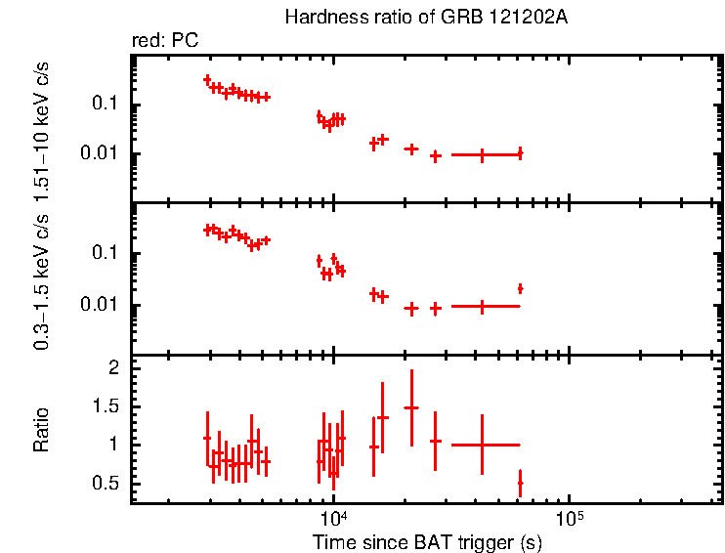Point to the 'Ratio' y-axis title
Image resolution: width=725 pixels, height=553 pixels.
click(42, 429)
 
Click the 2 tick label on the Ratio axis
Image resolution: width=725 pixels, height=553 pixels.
click(113, 368)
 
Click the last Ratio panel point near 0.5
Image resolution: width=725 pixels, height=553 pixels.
click(520, 483)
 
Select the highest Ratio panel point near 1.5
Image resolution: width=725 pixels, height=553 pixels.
click(411, 407)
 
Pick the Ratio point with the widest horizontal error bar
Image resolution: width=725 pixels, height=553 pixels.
click(482, 445)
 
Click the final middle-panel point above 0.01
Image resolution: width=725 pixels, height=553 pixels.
click(520, 288)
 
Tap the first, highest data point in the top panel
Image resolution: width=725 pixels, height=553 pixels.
click(207, 79)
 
